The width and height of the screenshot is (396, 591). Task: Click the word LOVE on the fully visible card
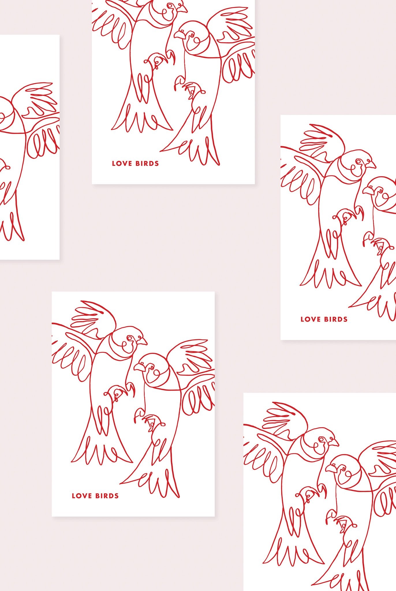81,496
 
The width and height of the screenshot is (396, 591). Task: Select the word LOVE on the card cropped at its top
121,163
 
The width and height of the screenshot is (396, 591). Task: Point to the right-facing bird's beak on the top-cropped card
183,8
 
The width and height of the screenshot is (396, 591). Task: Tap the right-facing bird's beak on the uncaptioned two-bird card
335,443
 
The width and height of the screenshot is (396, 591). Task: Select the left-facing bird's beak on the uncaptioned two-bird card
330,468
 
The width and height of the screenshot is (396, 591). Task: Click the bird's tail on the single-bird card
12,225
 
